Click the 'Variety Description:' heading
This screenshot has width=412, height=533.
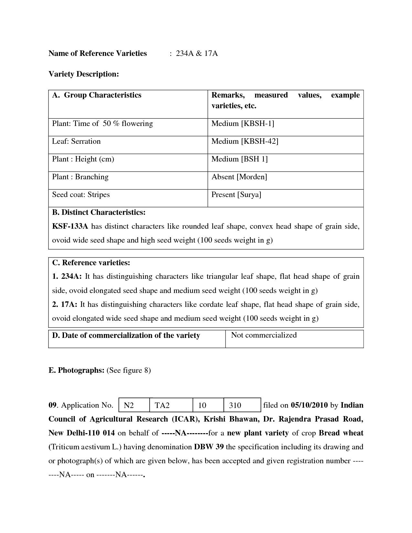[x=84, y=74]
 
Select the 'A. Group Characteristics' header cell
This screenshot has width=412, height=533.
[x=97, y=95]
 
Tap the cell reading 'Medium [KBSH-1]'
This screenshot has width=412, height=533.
[x=243, y=123]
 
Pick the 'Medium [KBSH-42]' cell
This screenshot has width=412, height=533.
[x=245, y=141]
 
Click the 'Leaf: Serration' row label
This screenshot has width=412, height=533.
[x=76, y=141]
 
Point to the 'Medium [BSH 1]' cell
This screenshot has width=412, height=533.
[x=239, y=159]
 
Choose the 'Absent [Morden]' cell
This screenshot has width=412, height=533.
[x=239, y=177]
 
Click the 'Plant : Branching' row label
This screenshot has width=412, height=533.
[x=80, y=177]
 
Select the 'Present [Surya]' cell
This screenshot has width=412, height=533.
[x=236, y=194]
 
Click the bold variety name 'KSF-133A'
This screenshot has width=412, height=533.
[x=70, y=226]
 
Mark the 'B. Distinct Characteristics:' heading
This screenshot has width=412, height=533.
[x=99, y=212]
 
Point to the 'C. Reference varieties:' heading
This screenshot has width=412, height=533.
[x=91, y=263]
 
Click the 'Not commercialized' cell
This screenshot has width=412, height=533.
[x=264, y=335]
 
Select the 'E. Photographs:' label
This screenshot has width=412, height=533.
[x=76, y=370]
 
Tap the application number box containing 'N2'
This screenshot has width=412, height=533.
[x=134, y=405]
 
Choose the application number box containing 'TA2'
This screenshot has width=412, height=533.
[x=171, y=405]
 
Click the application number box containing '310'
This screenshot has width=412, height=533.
[x=242, y=405]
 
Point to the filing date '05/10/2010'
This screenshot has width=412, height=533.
[x=309, y=405]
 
